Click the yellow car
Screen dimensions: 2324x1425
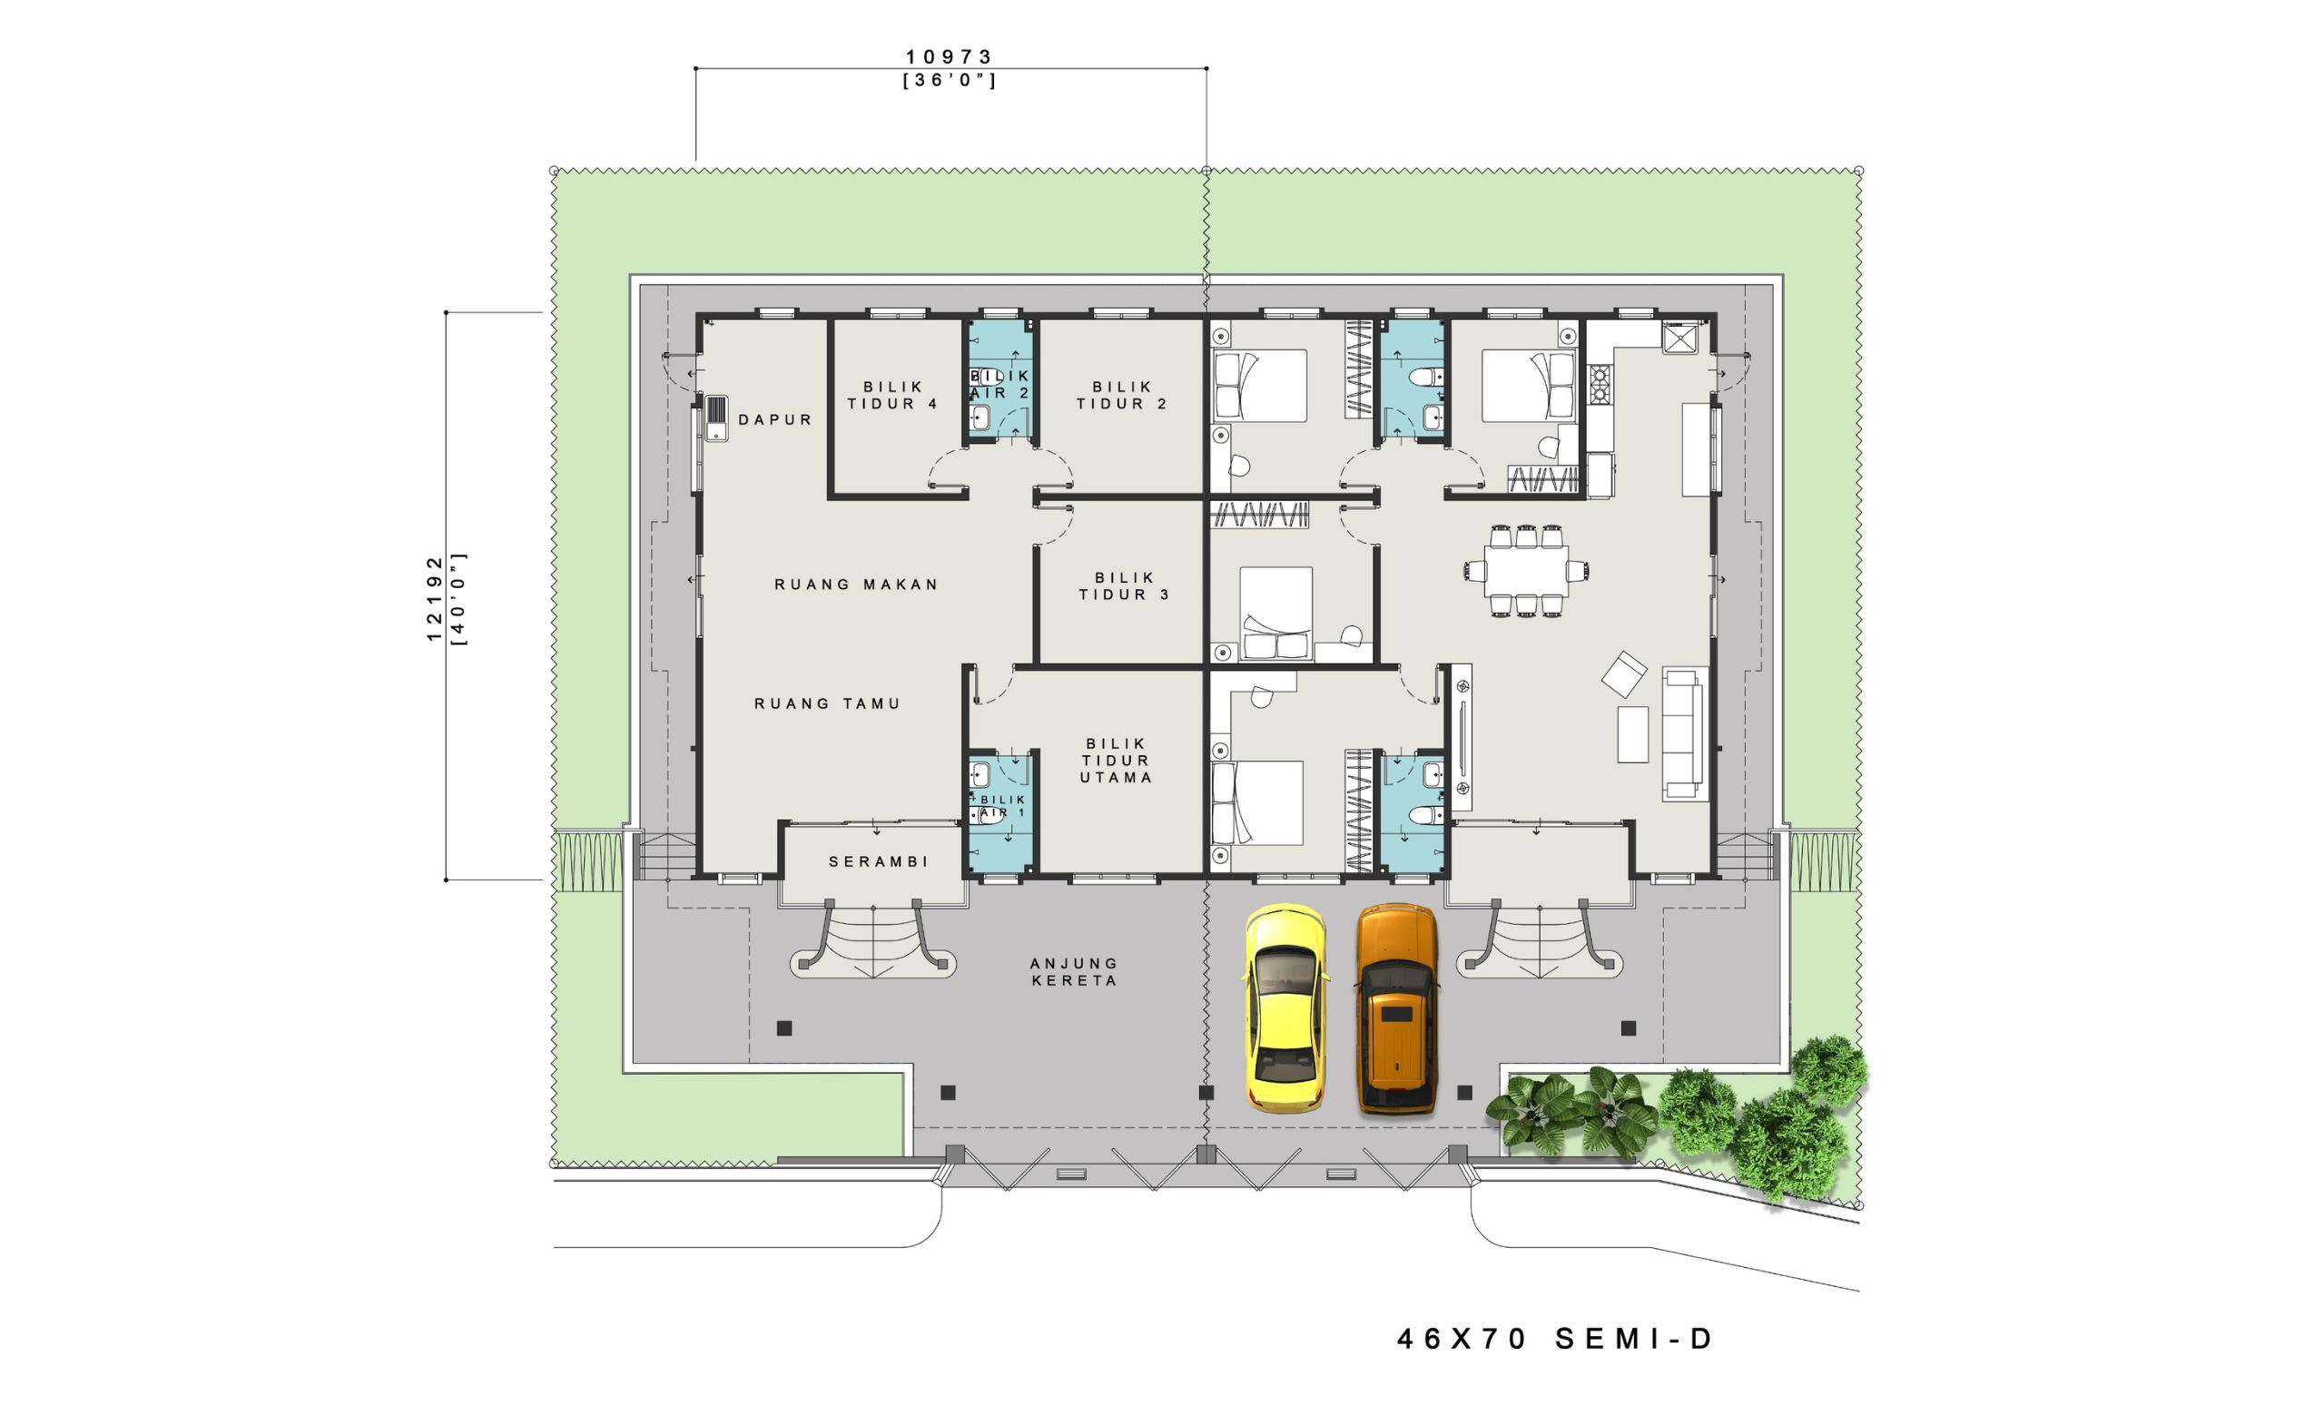click(x=1285, y=1008)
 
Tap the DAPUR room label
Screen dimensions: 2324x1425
click(x=775, y=419)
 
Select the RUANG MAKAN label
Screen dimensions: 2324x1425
click(x=856, y=585)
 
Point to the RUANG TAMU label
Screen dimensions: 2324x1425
click(x=827, y=703)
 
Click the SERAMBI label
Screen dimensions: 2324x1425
click(x=878, y=862)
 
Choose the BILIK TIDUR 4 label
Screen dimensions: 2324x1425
click(x=892, y=395)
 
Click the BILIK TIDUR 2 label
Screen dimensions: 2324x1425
click(x=1122, y=395)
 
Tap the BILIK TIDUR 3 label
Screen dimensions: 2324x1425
click(x=1124, y=585)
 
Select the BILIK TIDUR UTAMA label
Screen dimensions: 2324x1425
click(x=1117, y=762)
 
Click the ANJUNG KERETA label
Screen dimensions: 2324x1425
click(x=1074, y=971)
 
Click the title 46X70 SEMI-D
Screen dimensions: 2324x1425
click(x=1554, y=1339)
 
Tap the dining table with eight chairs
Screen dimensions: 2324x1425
click(x=1526, y=571)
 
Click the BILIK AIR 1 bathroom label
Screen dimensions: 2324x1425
click(x=1000, y=806)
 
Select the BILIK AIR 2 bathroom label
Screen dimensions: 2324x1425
click(x=1000, y=385)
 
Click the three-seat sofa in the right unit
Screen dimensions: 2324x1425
click(x=1685, y=733)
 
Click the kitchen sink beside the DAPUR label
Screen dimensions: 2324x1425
click(x=716, y=418)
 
